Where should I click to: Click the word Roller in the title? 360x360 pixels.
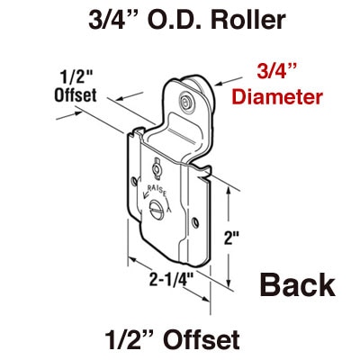[248, 20]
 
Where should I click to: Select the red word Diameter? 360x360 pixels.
[277, 96]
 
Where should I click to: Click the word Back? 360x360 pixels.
[297, 284]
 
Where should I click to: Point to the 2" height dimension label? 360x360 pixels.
[231, 238]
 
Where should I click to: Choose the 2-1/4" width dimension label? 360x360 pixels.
[171, 281]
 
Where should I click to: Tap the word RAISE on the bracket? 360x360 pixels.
[156, 190]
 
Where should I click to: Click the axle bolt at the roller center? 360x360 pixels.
[186, 102]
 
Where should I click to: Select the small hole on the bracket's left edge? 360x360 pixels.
[134, 181]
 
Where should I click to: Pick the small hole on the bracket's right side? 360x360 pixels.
[195, 222]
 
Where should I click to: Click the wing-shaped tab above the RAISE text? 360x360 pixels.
[157, 169]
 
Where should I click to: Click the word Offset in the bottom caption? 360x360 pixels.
[202, 339]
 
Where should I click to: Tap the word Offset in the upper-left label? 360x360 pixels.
[76, 94]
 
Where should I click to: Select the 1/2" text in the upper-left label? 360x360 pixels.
[71, 77]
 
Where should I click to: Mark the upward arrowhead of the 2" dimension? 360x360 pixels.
[229, 190]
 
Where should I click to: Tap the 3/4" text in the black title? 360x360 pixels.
[115, 20]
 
